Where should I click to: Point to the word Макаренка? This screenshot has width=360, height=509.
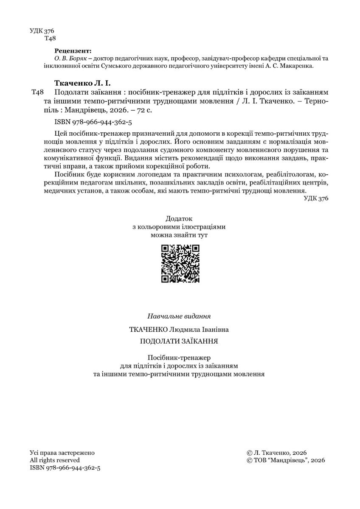coord(299,66)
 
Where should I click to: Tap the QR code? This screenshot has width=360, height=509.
coord(180,264)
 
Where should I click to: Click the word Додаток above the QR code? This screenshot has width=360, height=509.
coord(180,219)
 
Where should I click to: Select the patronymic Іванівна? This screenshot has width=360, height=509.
coord(214,329)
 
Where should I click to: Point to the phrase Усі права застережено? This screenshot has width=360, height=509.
coord(62,453)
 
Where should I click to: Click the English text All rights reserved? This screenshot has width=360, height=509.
coord(55,460)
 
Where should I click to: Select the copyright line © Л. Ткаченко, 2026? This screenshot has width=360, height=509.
coord(276,453)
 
